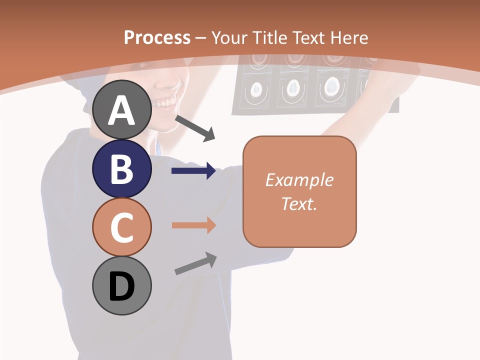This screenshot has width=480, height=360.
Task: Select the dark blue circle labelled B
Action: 122,168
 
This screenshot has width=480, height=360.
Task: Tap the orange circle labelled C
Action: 122,227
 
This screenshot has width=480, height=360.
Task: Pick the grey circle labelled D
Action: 122,286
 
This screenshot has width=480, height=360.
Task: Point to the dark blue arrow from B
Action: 194,171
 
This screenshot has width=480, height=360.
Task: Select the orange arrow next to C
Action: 194,225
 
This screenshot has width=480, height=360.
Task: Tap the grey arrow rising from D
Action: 195,263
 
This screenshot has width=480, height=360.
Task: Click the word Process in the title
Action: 157,37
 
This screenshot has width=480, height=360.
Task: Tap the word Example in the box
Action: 299,180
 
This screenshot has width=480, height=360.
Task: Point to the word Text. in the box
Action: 299,203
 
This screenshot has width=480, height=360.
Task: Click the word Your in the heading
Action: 230,37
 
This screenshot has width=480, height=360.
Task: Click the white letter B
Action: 122,169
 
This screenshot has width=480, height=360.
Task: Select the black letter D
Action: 122,286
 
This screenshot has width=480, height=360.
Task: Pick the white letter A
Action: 122,110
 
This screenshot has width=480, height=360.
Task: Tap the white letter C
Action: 122,228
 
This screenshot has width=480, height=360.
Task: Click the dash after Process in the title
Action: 201,38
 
